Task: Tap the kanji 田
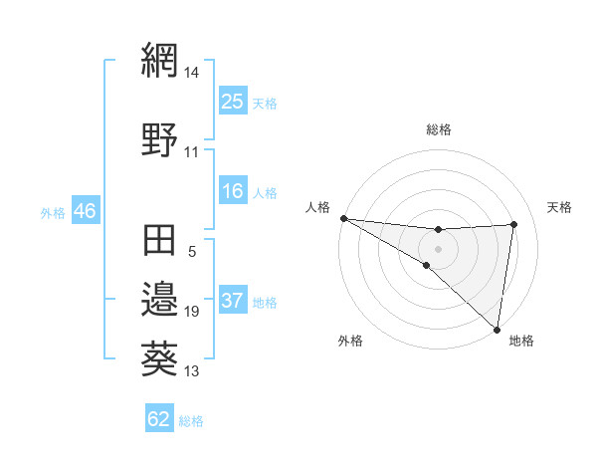pyautogui.click(x=159, y=242)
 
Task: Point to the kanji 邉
pyautogui.click(x=159, y=299)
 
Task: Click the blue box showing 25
pyautogui.click(x=233, y=102)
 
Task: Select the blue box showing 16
pyautogui.click(x=233, y=192)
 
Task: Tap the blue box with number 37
pyautogui.click(x=233, y=302)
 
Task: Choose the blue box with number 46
pyautogui.click(x=85, y=211)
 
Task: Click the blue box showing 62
pyautogui.click(x=159, y=419)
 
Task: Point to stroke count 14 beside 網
pyautogui.click(x=192, y=73)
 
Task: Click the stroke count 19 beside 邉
pyautogui.click(x=192, y=312)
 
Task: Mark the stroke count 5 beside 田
pyautogui.click(x=192, y=252)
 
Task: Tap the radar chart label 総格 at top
pyautogui.click(x=439, y=129)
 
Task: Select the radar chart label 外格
pyautogui.click(x=350, y=342)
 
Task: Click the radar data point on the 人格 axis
pyautogui.click(x=343, y=218)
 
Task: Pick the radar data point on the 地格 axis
pyautogui.click(x=497, y=330)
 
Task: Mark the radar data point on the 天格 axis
pyautogui.click(x=514, y=224)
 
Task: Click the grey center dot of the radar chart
pyautogui.click(x=438, y=248)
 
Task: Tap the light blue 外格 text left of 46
pyautogui.click(x=53, y=212)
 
